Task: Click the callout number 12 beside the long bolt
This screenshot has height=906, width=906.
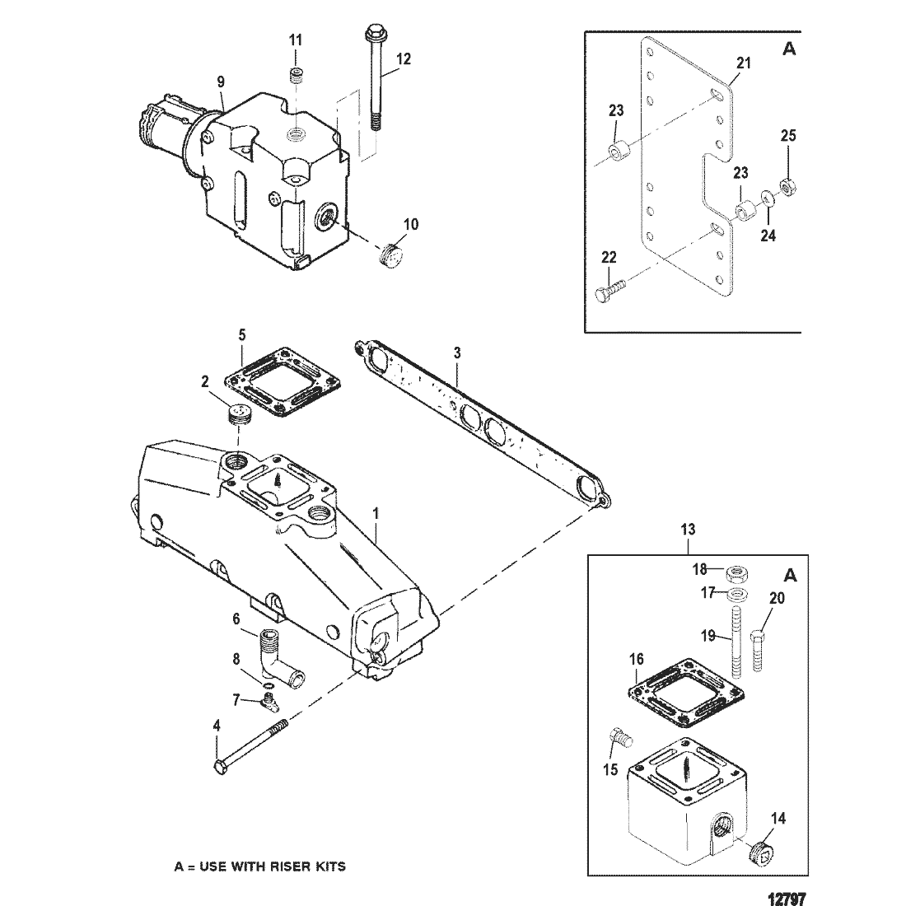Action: pos(404,58)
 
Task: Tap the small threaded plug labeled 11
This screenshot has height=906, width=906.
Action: pos(296,76)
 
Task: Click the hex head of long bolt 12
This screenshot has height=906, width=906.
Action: pos(371,31)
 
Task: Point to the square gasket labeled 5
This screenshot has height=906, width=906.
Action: pos(282,382)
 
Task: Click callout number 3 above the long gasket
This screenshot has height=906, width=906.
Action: pos(457,353)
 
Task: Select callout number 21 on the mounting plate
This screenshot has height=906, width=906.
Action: pos(743,63)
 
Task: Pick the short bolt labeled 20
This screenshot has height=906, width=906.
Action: pos(759,651)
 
